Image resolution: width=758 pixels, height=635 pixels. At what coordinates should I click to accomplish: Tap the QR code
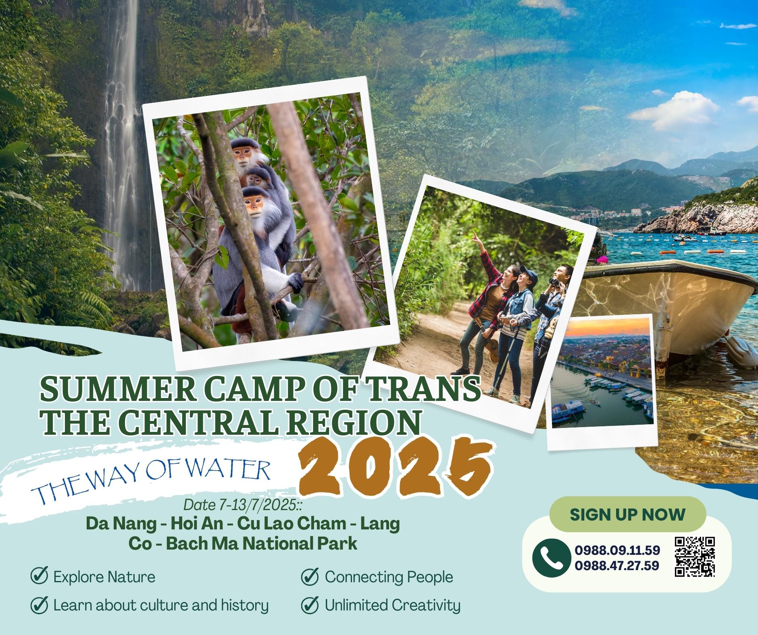[695, 556]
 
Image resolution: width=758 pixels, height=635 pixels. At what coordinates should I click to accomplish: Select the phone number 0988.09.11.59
[617, 550]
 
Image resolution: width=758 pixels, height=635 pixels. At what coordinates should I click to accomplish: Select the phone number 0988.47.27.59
[617, 566]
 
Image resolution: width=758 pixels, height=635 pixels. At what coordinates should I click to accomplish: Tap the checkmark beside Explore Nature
[40, 577]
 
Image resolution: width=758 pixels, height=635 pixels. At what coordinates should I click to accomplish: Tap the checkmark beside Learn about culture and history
[40, 605]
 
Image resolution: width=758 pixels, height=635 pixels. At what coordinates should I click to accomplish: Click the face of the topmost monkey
[242, 155]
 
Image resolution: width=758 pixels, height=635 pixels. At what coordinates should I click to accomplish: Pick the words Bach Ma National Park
[262, 543]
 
